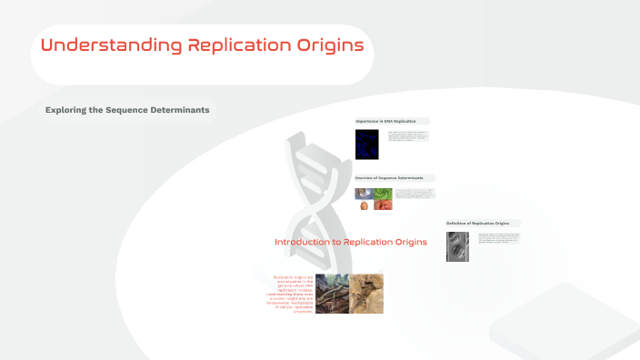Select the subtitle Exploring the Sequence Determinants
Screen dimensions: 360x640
click(127, 110)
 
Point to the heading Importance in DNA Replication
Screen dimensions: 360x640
click(390, 121)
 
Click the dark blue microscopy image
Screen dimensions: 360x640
click(366, 144)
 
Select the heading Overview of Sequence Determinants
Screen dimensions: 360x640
click(395, 178)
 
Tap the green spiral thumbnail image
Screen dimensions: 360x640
click(384, 194)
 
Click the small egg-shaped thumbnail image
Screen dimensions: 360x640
click(364, 205)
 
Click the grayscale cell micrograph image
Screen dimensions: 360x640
click(457, 246)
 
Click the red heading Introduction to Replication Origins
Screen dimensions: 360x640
click(351, 242)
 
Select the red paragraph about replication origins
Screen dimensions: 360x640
click(292, 293)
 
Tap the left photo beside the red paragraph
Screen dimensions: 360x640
click(332, 294)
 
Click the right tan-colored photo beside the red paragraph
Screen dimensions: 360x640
click(366, 294)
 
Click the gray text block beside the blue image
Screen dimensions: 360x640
click(407, 136)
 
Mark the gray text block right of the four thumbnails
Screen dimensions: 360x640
click(415, 194)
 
